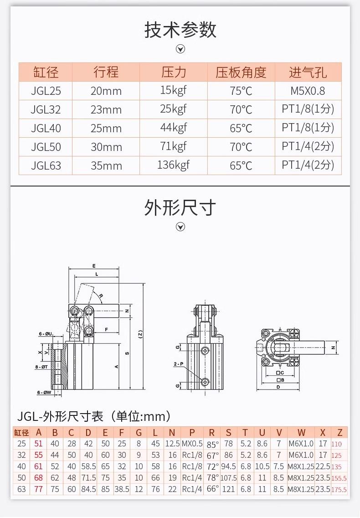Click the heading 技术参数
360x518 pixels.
[x=180, y=29]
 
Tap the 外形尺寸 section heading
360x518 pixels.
[x=180, y=207]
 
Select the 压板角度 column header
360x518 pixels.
[x=241, y=72]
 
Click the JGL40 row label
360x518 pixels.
[x=46, y=128]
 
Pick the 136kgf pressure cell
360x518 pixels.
[x=174, y=165]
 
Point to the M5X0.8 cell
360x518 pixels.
[x=308, y=91]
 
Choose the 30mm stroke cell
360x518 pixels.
[x=106, y=147]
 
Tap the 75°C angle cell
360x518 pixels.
[x=241, y=91]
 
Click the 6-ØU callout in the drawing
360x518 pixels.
[x=45, y=334]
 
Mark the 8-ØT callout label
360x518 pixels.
[x=41, y=367]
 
